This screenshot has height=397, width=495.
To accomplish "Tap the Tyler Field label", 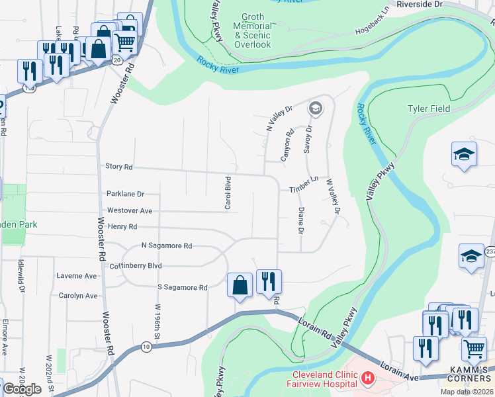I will [x=428, y=109].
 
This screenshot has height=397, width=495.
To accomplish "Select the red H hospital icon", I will [x=368, y=380].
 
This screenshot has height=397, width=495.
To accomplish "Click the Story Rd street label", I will [x=119, y=167].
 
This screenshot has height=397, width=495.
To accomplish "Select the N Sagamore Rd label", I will [x=166, y=245].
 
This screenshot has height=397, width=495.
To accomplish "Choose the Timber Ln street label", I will [x=304, y=189].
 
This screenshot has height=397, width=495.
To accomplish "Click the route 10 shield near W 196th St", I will [x=146, y=346].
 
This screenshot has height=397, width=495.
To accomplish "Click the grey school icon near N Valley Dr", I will [x=316, y=109].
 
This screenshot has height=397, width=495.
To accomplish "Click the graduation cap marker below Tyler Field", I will [x=464, y=155].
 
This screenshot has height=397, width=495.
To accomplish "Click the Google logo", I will [x=22, y=389].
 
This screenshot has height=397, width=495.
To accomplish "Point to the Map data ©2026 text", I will [x=467, y=392].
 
